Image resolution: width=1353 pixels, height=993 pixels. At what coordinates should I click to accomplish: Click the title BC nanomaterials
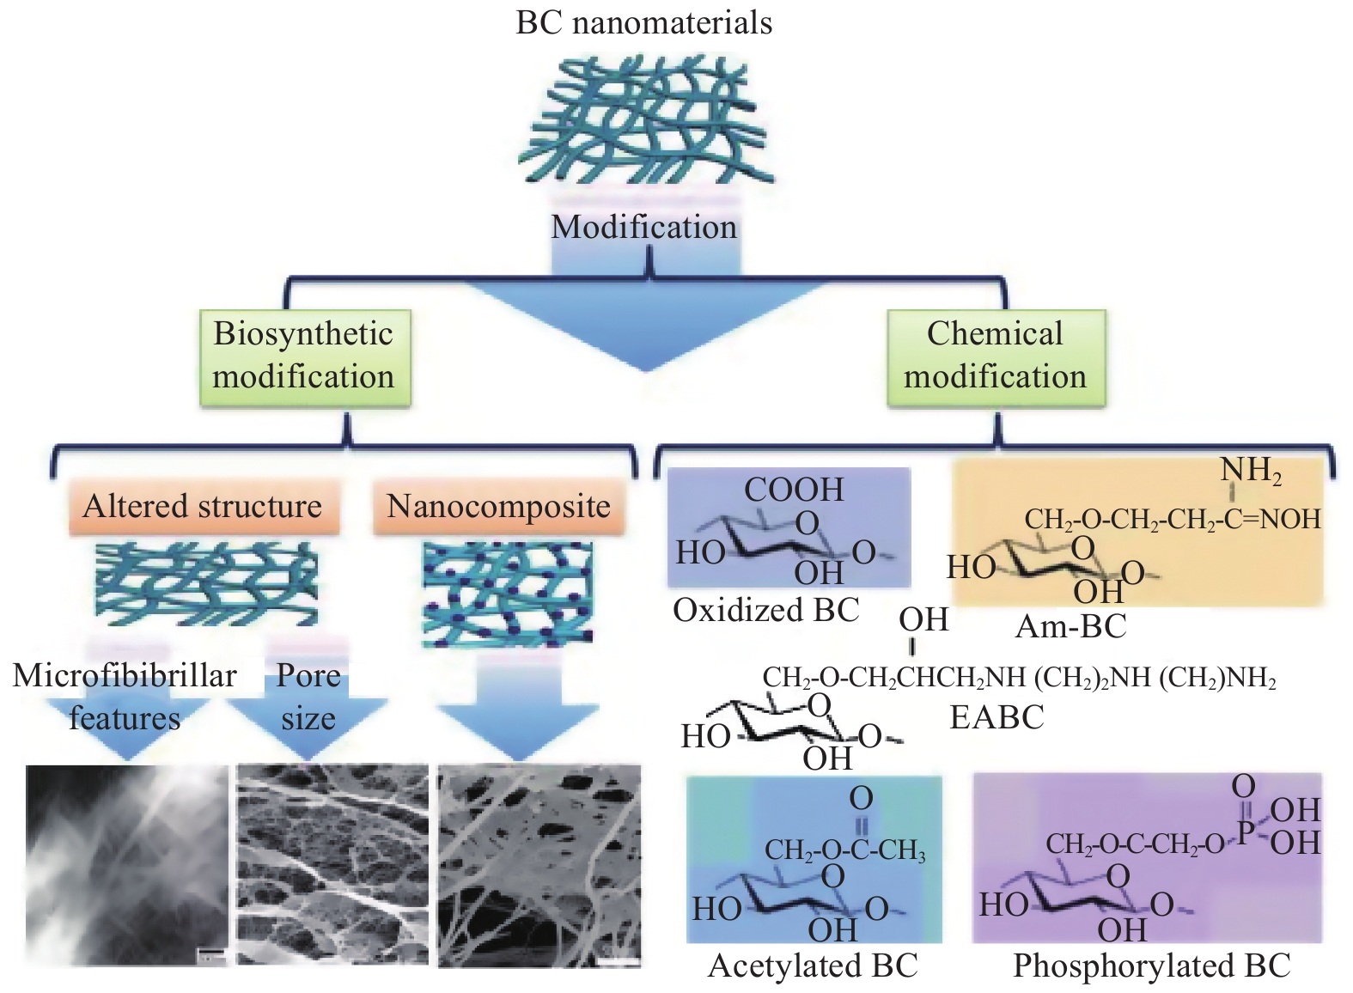643,22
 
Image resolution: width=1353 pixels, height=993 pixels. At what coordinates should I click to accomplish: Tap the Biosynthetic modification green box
304,356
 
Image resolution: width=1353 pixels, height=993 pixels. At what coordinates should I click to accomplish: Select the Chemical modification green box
995,356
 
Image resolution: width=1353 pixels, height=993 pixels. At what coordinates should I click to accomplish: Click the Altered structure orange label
203,506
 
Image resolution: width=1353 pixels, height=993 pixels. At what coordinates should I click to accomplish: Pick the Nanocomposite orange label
498,506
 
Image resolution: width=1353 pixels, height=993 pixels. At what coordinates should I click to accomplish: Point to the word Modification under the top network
643,227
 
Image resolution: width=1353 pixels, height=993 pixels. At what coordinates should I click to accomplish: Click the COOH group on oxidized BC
794,490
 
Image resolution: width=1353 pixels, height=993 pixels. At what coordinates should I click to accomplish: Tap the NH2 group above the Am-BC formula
1251,471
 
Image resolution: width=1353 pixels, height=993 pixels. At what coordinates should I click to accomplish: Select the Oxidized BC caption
765,610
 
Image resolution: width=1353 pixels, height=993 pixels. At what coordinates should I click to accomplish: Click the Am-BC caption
1070,626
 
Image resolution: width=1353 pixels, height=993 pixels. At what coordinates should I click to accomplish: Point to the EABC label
996,716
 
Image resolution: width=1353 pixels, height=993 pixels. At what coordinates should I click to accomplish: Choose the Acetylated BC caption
813,966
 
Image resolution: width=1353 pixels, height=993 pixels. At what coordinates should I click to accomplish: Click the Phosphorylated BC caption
1151,966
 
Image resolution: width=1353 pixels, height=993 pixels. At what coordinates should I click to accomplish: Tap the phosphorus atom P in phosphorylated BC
1245,832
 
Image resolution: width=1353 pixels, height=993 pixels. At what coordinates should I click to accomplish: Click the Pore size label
308,697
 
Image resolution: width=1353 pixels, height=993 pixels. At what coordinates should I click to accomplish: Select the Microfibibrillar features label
125,697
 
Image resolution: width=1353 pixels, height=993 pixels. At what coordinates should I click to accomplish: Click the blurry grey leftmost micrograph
127,866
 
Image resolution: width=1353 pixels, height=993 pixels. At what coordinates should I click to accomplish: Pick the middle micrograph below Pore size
332,866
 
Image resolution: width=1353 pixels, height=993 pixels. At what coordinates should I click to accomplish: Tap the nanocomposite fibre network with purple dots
508,594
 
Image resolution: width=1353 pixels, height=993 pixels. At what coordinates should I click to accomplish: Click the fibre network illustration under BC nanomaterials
645,120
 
